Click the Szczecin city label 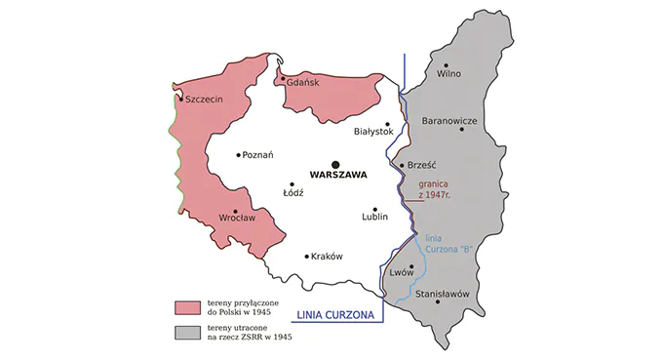[x=205, y=99]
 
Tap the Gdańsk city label [x=303, y=84]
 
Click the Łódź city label [x=293, y=192]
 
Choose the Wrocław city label [x=237, y=218]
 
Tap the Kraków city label [x=328, y=257]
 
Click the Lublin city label [x=374, y=217]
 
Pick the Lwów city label [x=402, y=273]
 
